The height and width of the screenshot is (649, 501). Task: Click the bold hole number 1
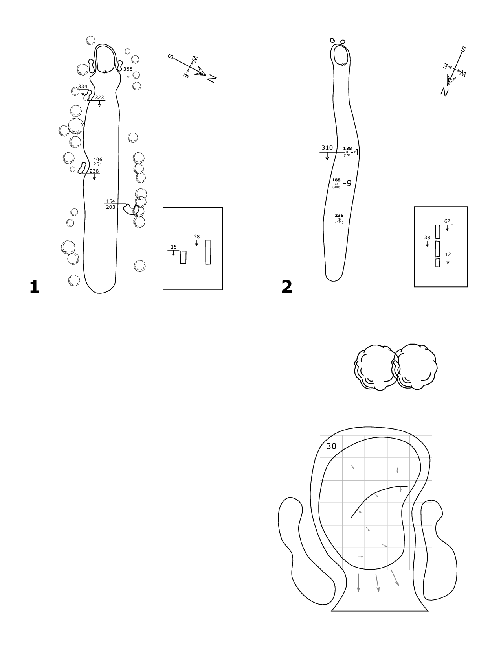[x=34, y=287]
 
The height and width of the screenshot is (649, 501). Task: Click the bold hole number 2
[x=287, y=287]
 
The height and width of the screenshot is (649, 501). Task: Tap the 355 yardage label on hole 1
[x=128, y=69]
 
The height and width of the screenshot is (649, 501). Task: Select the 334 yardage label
[x=83, y=87]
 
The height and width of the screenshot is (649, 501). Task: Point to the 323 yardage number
[x=99, y=98]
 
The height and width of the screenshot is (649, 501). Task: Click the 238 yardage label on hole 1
[x=94, y=171]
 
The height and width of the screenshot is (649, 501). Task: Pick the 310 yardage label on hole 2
[x=327, y=148]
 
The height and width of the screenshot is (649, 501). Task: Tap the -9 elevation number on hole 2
[x=347, y=183]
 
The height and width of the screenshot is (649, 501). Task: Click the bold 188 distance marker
[x=336, y=180]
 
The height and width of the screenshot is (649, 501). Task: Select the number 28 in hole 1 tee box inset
[x=196, y=237]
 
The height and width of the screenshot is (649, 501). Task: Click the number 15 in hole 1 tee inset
[x=174, y=247]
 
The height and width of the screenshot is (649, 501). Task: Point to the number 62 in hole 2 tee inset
[x=447, y=221]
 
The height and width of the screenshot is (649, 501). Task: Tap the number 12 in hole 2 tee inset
[x=448, y=254]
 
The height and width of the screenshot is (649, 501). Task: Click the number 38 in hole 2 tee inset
[x=427, y=238]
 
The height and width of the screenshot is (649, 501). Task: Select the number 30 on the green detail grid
[x=331, y=446]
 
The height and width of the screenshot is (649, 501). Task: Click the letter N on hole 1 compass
[x=211, y=79]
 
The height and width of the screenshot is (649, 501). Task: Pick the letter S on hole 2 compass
[x=463, y=49]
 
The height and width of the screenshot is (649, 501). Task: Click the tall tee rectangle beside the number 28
[x=208, y=252]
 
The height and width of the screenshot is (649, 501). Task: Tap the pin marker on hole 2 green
[x=343, y=65]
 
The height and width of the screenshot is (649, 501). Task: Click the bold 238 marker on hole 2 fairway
[x=339, y=215]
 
